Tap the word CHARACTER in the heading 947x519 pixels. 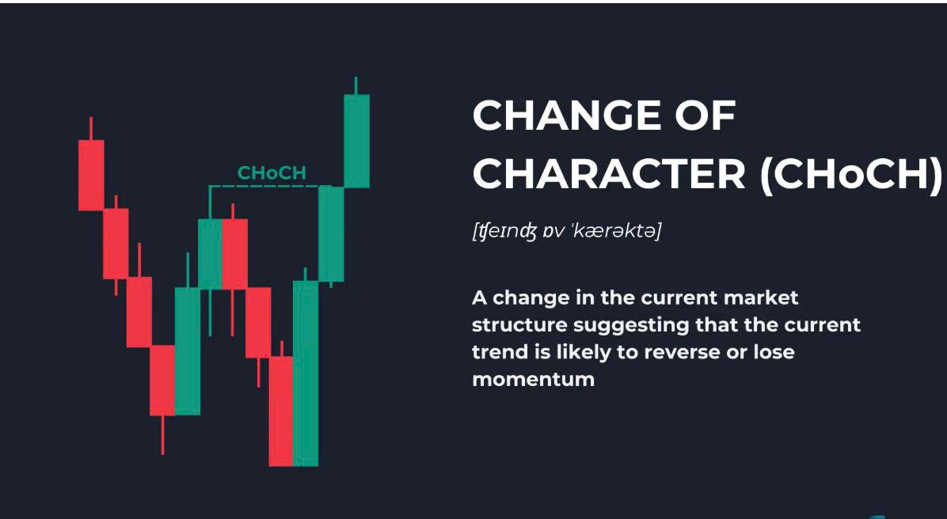click(609, 174)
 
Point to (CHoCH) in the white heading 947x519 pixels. click(850, 175)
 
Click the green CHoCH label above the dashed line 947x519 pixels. click(272, 173)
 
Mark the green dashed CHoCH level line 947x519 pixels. click(270, 186)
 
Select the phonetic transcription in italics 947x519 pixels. click(566, 230)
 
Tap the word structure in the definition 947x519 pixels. click(519, 325)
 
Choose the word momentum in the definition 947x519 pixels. click(534, 380)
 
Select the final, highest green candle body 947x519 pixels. click(356, 141)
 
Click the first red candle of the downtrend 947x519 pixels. click(91, 175)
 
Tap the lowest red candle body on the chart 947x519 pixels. click(281, 411)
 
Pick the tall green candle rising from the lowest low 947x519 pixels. click(306, 373)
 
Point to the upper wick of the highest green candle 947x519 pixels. click(356, 85)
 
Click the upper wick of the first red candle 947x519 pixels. click(91, 128)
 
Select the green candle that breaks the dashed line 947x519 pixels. click(331, 234)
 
